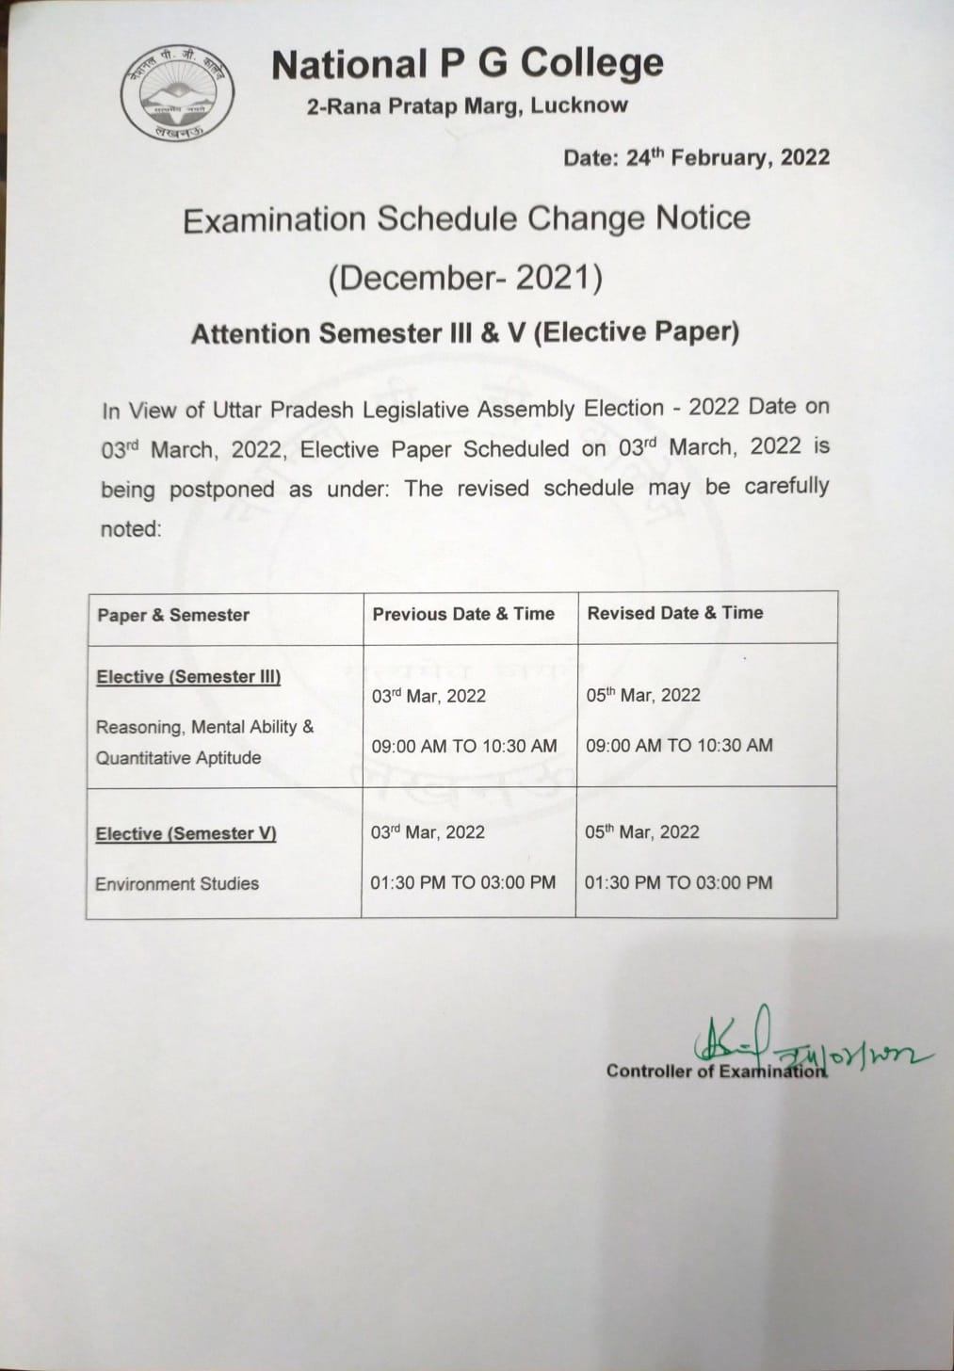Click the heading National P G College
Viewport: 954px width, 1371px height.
point(467,64)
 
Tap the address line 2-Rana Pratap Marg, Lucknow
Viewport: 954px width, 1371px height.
point(467,105)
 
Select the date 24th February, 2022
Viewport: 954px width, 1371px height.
point(696,157)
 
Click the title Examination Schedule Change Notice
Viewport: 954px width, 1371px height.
point(466,219)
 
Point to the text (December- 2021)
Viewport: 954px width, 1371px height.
point(465,278)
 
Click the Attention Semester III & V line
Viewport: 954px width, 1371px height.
point(465,333)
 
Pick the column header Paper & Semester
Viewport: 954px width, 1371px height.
point(173,615)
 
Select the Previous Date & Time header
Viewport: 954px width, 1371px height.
point(463,614)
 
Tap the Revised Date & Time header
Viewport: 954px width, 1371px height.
point(675,613)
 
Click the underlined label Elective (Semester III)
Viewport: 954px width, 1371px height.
point(188,677)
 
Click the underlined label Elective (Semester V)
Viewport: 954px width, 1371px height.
point(186,834)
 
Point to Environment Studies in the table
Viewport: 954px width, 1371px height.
point(177,884)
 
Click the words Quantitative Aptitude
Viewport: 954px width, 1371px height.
point(178,758)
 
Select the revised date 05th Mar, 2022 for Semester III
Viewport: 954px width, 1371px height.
point(643,696)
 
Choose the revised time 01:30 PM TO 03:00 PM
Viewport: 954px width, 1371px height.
point(678,883)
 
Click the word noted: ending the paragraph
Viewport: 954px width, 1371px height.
point(131,529)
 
